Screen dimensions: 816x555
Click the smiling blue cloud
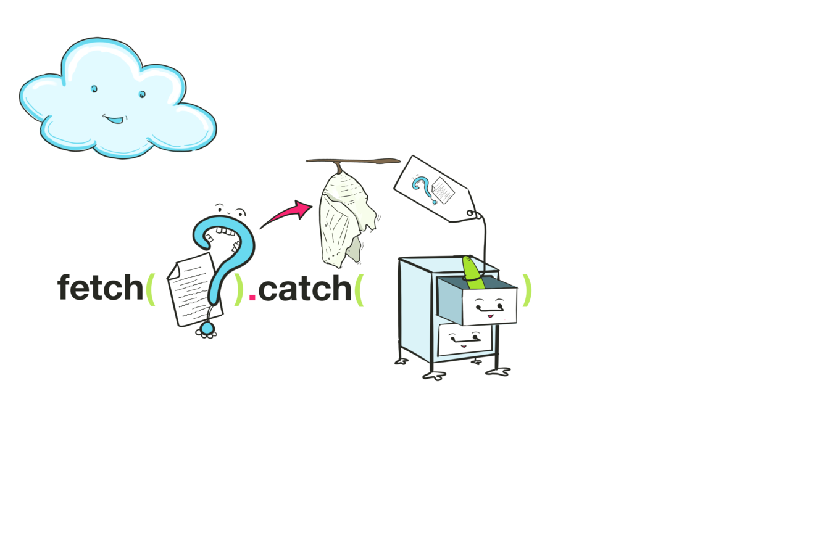(117, 102)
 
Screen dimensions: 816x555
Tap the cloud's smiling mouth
(114, 118)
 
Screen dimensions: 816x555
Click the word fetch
(100, 288)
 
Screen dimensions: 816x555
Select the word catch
(304, 288)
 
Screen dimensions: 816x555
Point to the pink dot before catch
(252, 297)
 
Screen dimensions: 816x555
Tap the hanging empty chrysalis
(346, 216)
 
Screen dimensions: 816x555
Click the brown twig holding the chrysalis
(370, 162)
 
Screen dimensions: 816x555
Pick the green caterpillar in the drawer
(473, 273)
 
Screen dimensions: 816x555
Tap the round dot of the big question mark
(207, 329)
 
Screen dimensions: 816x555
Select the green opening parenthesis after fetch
(150, 288)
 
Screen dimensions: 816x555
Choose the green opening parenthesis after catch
(360, 288)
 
